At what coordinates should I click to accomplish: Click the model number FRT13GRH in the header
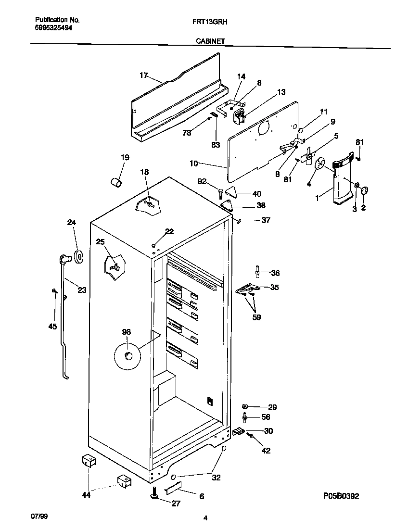click(208, 22)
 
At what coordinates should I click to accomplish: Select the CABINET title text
click(210, 42)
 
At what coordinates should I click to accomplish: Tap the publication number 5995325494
click(54, 28)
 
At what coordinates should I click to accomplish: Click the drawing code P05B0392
click(341, 496)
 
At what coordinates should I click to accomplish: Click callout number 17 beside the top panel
click(143, 75)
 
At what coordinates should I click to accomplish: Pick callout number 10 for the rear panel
click(194, 164)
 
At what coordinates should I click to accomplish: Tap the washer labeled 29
click(245, 406)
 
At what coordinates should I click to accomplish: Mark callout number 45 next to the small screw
click(52, 327)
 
